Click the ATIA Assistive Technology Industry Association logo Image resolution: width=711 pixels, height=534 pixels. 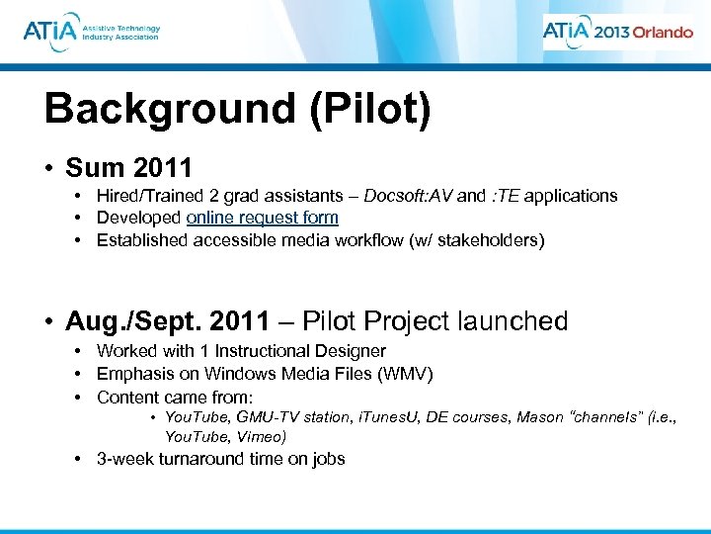click(91, 32)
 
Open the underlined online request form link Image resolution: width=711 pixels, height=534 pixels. click(262, 218)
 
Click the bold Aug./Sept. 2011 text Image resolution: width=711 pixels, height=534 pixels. click(167, 321)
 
